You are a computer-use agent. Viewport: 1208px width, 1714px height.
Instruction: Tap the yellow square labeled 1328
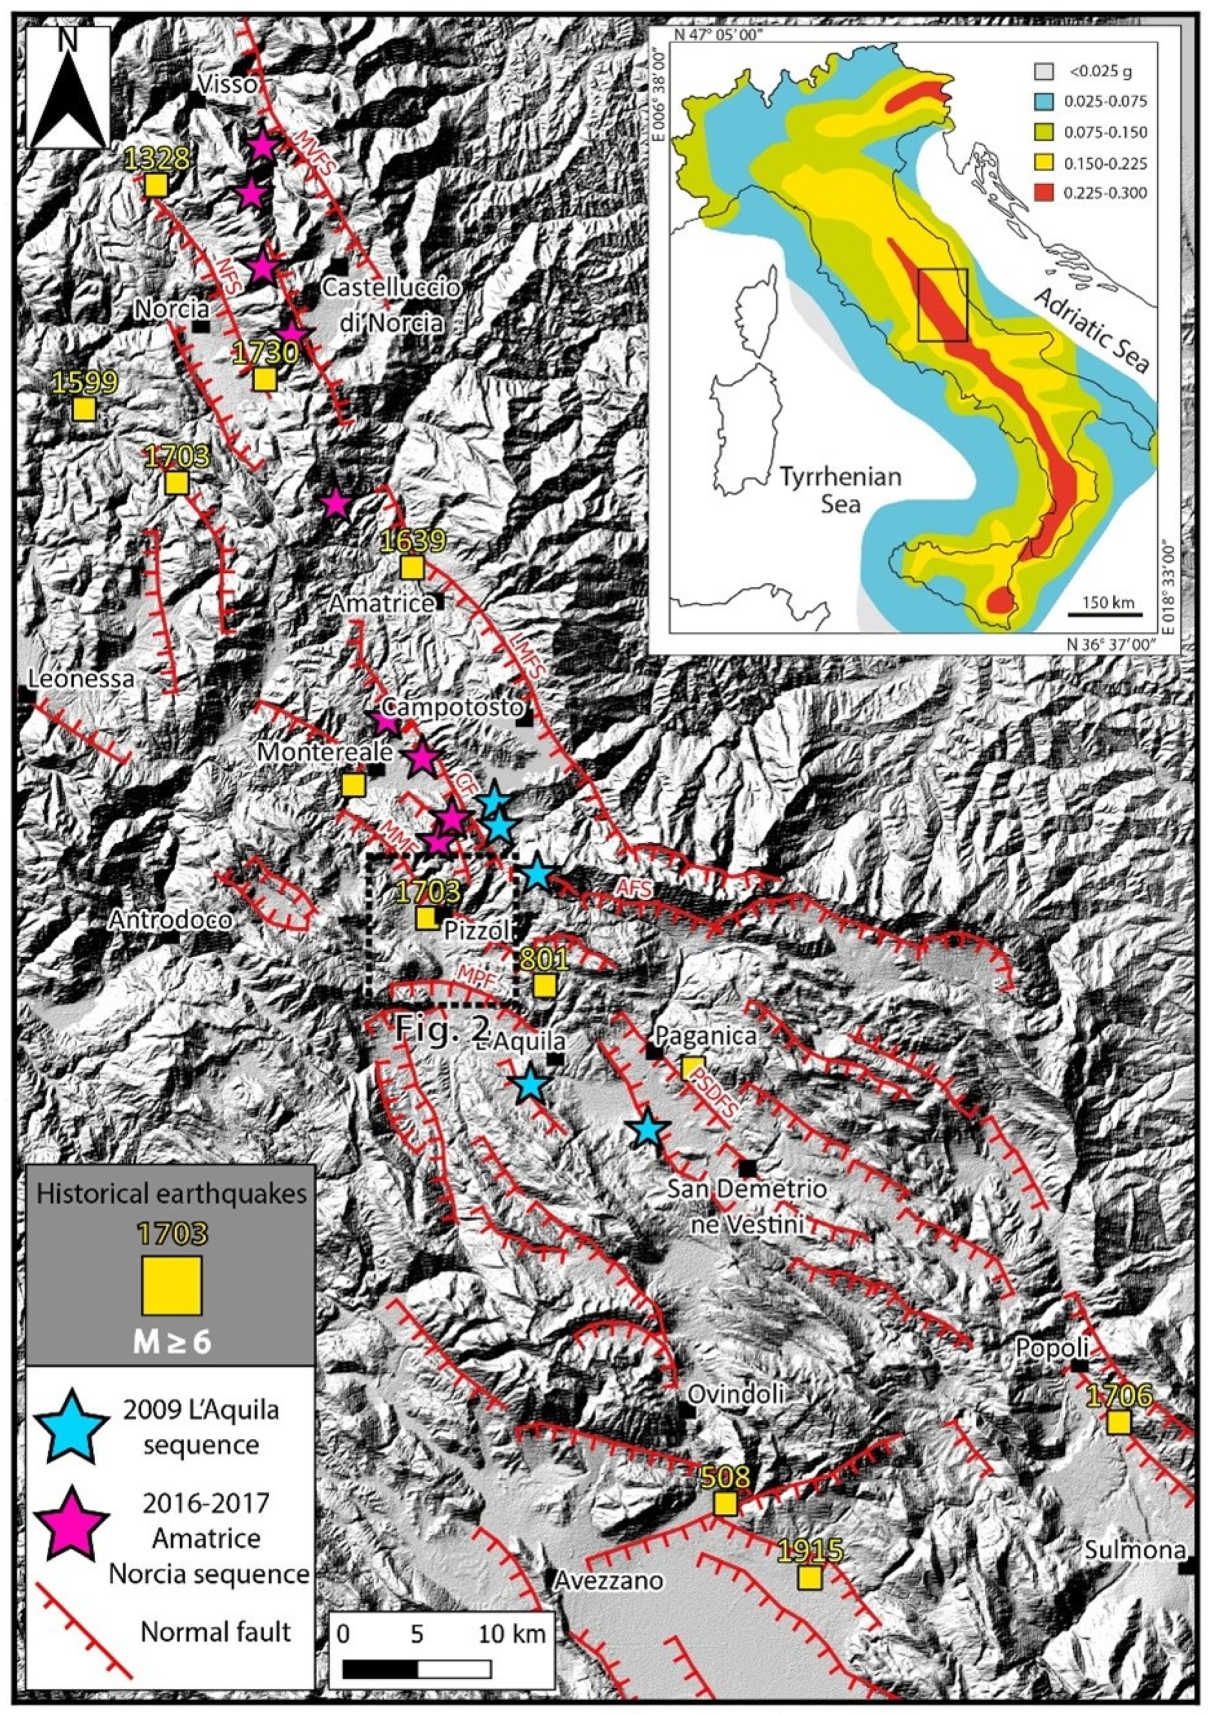point(155,184)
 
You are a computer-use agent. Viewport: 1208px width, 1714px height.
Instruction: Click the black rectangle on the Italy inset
point(942,305)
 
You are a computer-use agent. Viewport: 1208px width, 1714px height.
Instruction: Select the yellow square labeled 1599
point(84,409)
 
